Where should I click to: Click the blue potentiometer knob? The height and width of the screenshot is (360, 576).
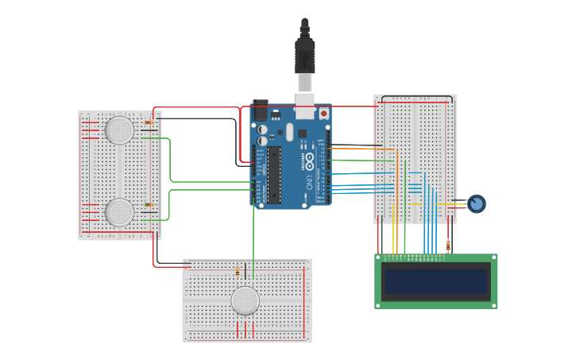click(x=476, y=203)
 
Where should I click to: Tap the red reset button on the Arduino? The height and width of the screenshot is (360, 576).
click(x=324, y=114)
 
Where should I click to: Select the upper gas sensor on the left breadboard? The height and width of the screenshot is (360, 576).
click(x=119, y=130)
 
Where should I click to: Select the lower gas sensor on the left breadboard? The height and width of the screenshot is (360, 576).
click(x=119, y=212)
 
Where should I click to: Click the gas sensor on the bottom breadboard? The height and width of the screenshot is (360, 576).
click(x=245, y=300)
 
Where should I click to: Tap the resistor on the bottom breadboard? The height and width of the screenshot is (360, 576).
click(x=237, y=272)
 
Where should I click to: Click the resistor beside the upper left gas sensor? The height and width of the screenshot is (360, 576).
click(x=150, y=122)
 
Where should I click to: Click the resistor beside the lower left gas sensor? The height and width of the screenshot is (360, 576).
click(x=149, y=205)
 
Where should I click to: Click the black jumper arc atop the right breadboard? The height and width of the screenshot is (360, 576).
click(x=418, y=97)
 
